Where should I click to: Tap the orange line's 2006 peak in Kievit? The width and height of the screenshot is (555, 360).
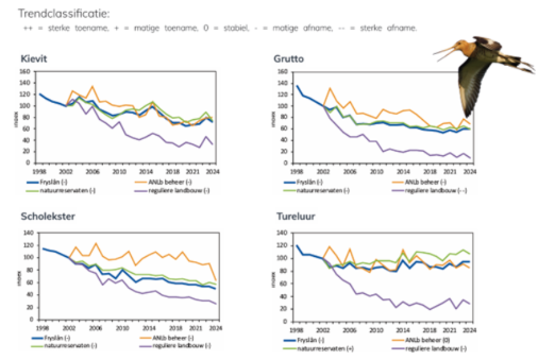pyautogui.click(x=92, y=86)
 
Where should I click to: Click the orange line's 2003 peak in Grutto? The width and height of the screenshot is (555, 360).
pyautogui.click(x=330, y=89)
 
